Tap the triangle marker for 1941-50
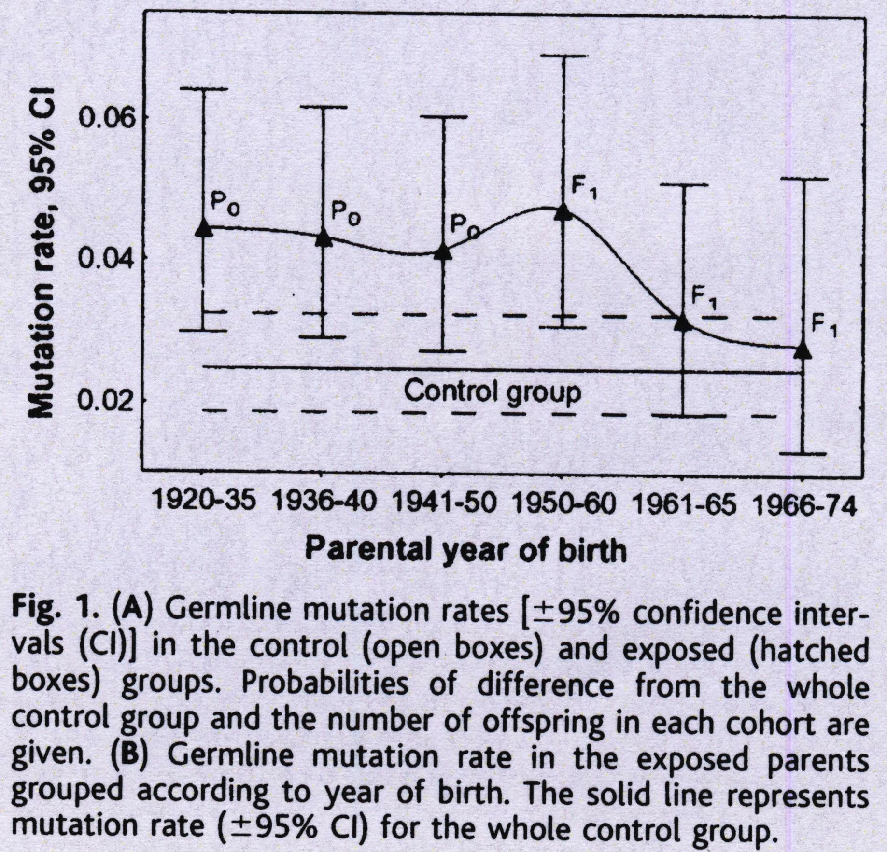[443, 252]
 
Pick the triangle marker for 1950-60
[563, 213]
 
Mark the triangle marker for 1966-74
[803, 351]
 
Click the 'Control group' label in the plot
[493, 392]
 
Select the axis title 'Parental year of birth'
[465, 550]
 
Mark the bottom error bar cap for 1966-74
[803, 454]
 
